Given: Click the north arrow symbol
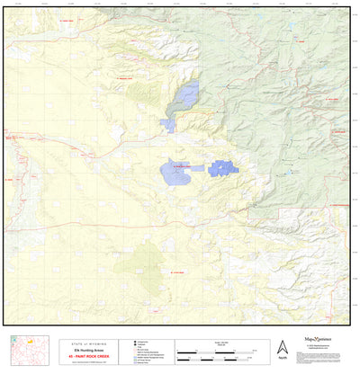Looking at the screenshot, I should coord(282,347).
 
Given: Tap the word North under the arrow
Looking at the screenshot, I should coord(282,361).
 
